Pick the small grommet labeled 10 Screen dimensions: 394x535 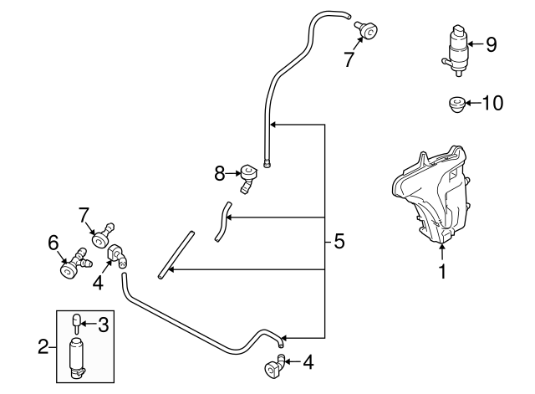coord(456,105)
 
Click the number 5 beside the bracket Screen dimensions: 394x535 coord(339,242)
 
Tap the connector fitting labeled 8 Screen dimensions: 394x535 coord(248,176)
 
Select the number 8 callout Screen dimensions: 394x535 coord(220,173)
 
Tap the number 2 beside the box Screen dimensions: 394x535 coord(43,345)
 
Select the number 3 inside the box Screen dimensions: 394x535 coord(103,324)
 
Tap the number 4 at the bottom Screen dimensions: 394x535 coord(308,362)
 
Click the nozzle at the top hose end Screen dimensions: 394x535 coord(365,29)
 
